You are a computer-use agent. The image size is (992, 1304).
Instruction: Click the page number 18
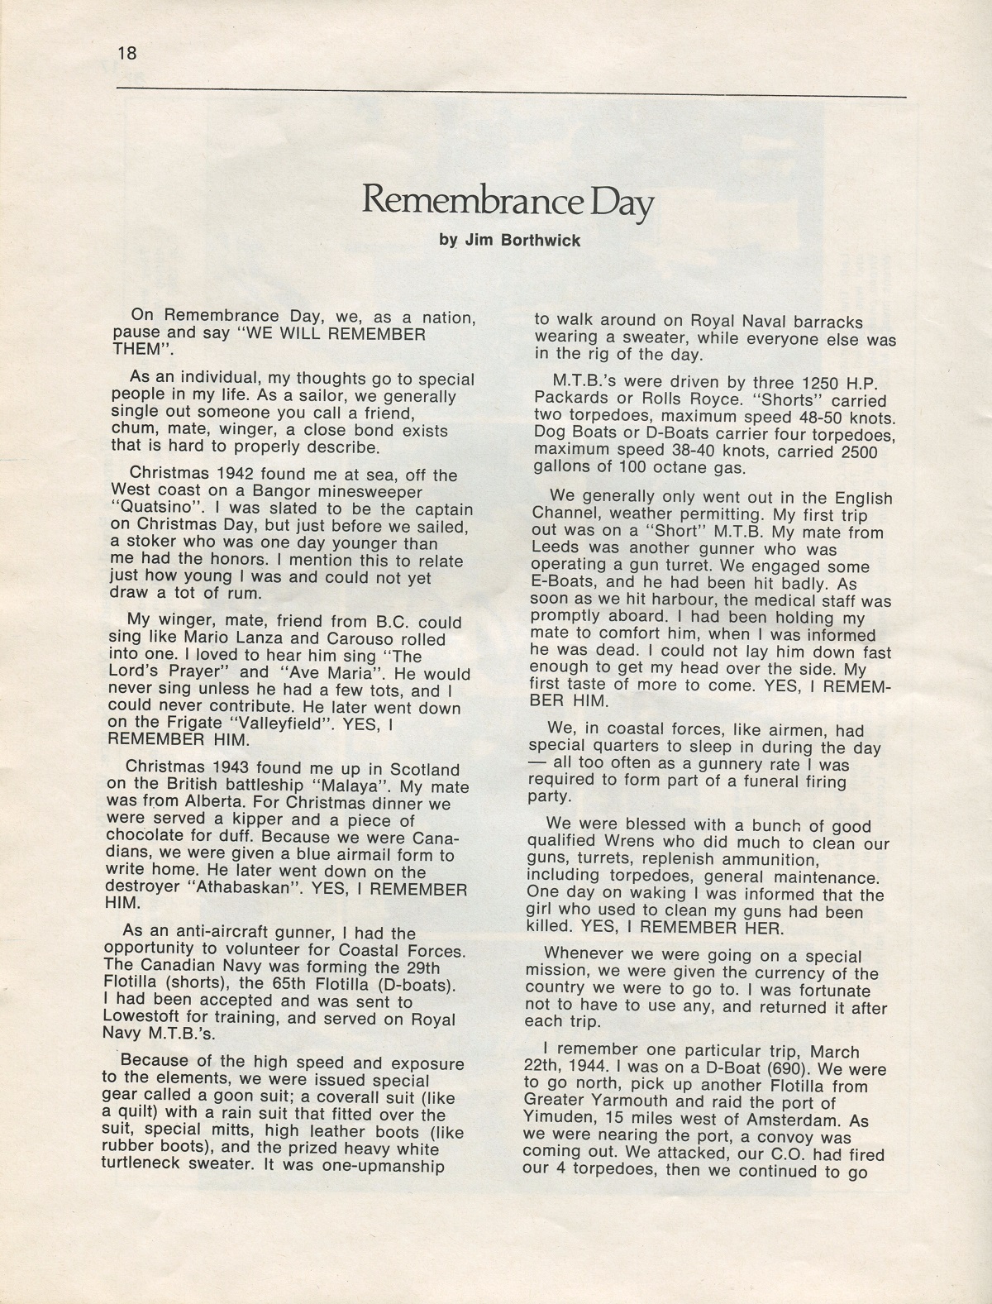[x=126, y=54]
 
